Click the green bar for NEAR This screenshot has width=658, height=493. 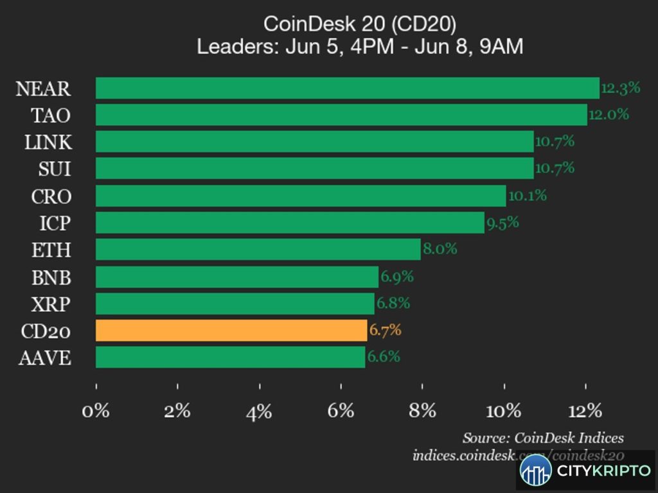[348, 88]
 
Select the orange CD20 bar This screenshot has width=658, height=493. [231, 331]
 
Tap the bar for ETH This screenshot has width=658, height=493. [258, 250]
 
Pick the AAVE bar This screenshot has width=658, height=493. [231, 357]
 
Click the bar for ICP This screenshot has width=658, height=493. [290, 223]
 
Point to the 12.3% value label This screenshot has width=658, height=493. [621, 87]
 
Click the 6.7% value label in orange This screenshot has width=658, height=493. [385, 330]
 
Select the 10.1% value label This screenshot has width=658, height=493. [528, 195]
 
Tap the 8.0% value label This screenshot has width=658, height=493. [440, 249]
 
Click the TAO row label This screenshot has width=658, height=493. [51, 116]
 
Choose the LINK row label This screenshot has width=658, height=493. [48, 142]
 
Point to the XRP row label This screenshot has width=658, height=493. [51, 304]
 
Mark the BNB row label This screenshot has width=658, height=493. [51, 277]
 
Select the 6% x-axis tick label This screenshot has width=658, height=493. [341, 411]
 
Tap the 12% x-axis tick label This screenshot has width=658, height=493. [585, 411]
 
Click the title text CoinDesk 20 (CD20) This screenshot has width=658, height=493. [360, 24]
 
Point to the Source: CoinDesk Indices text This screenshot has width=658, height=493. [543, 438]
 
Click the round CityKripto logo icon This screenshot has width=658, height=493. [535, 471]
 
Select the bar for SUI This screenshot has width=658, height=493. [315, 168]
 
